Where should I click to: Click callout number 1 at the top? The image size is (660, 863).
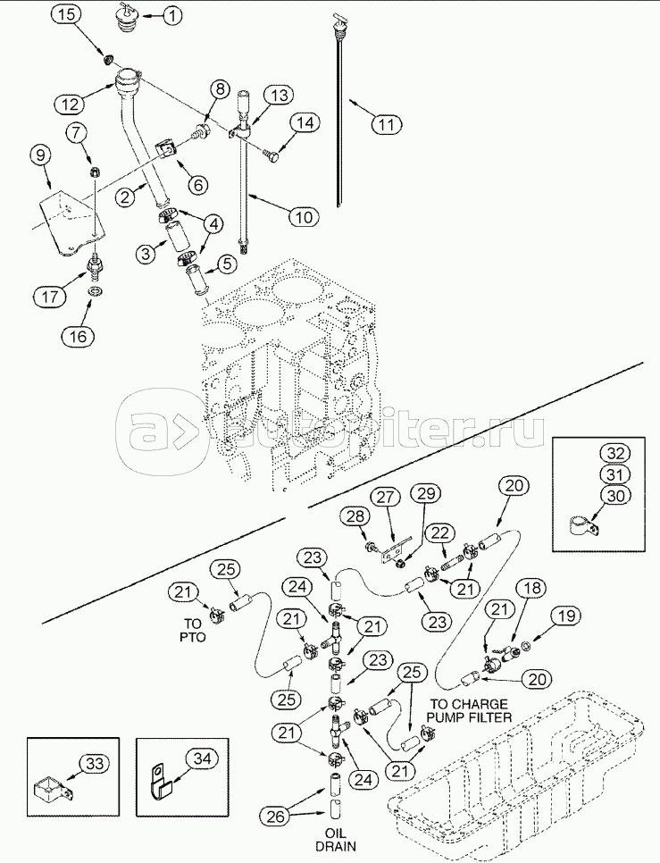click(171, 15)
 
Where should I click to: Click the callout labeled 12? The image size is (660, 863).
click(73, 104)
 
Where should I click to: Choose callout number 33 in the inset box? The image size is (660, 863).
click(95, 763)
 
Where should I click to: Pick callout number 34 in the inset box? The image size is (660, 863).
click(203, 758)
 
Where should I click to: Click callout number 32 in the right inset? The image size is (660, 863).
click(613, 452)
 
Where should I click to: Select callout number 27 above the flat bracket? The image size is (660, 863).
click(383, 497)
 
